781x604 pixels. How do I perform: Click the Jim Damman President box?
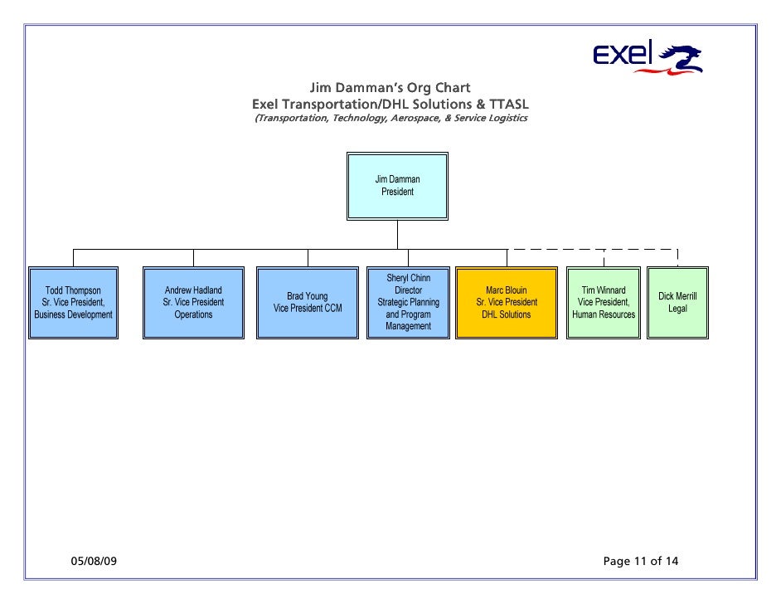[x=397, y=186]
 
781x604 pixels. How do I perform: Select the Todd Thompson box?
[x=73, y=303]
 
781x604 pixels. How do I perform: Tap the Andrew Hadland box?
[x=193, y=303]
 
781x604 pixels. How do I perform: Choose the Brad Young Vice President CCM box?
[x=308, y=303]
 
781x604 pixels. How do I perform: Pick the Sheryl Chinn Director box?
[x=408, y=303]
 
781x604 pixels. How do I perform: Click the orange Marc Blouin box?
[x=506, y=303]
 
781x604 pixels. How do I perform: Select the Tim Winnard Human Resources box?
[x=604, y=303]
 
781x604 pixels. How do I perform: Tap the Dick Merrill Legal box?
[x=677, y=303]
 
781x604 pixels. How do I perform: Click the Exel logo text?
[x=623, y=55]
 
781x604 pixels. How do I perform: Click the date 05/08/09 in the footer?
[x=92, y=562]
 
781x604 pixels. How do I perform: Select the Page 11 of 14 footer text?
[x=641, y=562]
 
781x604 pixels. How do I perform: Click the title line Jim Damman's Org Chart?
[x=390, y=88]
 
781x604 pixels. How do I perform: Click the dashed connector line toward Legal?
[x=638, y=249]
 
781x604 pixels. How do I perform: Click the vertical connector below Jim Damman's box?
[x=397, y=235]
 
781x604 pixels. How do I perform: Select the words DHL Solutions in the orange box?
[x=506, y=314]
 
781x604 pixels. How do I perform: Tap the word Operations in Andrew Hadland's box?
[x=193, y=314]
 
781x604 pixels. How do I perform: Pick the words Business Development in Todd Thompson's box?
[x=73, y=315]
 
